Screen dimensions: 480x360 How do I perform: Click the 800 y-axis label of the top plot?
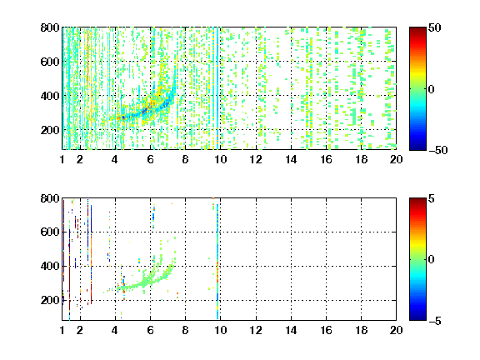(50, 27)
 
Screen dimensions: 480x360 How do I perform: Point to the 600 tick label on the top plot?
(50, 62)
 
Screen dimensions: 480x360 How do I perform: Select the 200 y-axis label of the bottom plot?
(50, 300)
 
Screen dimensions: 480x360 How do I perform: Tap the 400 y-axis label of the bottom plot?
(50, 266)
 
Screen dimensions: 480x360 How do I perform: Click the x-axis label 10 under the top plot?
(220, 159)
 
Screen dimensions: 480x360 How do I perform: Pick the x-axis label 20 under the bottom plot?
(396, 330)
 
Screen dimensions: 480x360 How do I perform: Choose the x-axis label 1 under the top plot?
(62, 159)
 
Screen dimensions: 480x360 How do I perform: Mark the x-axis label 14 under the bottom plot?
(291, 330)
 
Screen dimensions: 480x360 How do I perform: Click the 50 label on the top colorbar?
(434, 28)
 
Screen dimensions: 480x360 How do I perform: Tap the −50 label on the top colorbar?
(437, 150)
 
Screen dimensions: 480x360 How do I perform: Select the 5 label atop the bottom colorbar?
(432, 199)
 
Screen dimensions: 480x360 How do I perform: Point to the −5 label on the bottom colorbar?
(435, 321)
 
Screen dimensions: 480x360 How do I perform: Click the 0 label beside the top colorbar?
(432, 89)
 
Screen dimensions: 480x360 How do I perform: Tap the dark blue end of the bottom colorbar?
(417, 317)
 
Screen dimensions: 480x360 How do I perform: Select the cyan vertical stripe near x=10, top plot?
(217, 88)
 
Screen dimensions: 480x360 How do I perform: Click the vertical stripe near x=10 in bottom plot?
(217, 262)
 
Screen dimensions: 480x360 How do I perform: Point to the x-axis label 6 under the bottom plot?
(150, 330)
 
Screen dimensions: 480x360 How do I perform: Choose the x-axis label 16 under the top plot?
(326, 159)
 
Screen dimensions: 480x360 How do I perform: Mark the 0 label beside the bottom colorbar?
(432, 260)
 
